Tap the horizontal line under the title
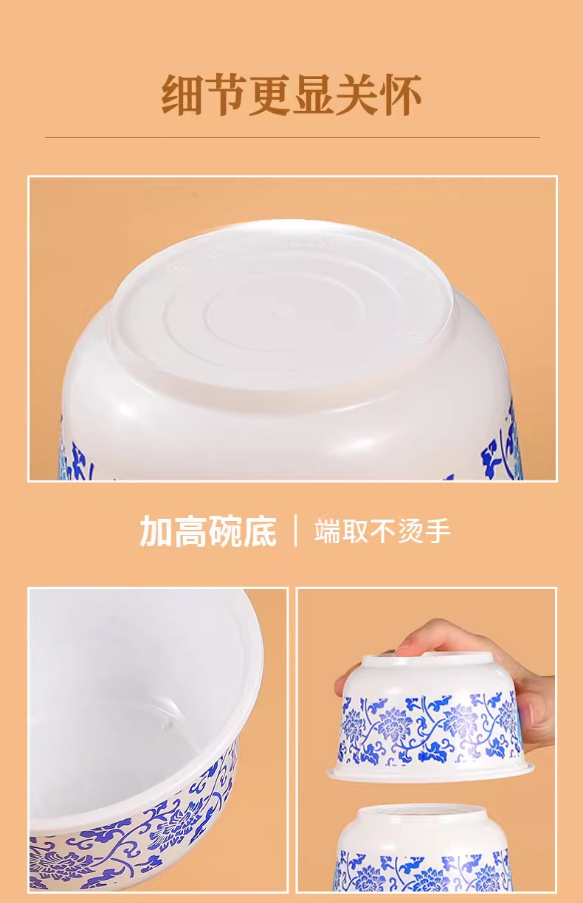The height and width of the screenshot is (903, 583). [x=292, y=137]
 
